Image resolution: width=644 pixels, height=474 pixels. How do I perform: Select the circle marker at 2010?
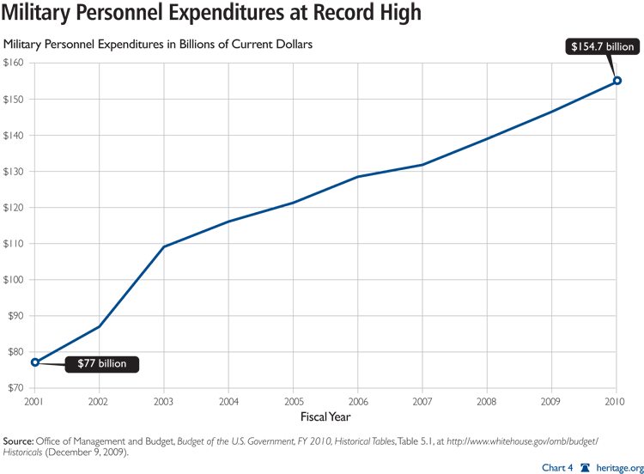click(617, 81)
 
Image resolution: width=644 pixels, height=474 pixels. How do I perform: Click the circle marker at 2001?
click(35, 362)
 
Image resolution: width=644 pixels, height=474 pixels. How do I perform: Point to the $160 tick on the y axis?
click(15, 64)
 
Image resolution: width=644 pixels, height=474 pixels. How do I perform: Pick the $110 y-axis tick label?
click(15, 244)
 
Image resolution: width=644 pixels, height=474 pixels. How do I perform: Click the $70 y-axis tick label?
click(16, 388)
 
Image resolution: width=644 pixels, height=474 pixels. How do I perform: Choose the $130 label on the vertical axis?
click(15, 172)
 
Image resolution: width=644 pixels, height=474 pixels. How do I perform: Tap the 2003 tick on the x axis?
click(164, 400)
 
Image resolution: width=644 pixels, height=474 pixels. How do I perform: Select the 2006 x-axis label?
click(358, 400)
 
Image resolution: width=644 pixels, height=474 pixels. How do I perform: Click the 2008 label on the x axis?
click(487, 400)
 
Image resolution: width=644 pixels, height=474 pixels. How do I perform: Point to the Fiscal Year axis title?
click(325, 416)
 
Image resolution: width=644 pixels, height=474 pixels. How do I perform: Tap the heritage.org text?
click(617, 465)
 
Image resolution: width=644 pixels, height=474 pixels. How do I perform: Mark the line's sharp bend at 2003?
click(164, 246)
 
